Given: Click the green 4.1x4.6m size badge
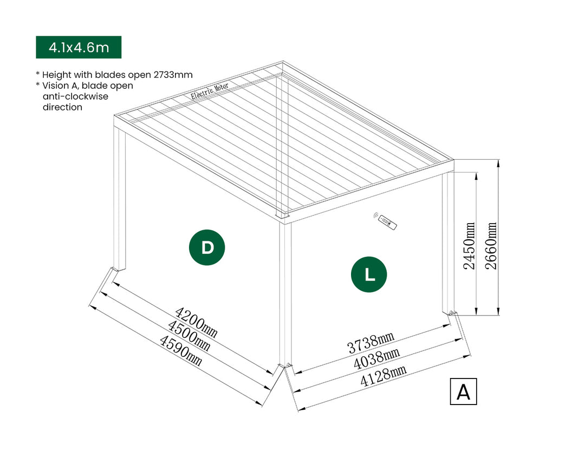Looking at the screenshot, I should tap(79, 47).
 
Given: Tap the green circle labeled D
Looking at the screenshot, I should tap(207, 247).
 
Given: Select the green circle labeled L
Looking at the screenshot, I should tap(369, 275).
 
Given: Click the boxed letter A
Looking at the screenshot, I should tap(463, 391).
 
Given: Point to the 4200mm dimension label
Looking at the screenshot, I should tap(196, 323).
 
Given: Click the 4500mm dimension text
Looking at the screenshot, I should tap(188, 336).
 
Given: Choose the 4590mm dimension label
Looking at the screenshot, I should tap(180, 350).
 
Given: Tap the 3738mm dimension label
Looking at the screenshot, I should tap(371, 342).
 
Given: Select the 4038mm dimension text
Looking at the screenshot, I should tap(376, 356).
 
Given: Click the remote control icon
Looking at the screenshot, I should tap(386, 221).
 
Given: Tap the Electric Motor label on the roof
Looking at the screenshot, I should tap(210, 92).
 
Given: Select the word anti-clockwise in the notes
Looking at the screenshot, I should tap(75, 96).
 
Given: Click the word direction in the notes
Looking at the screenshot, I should tap(62, 107).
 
